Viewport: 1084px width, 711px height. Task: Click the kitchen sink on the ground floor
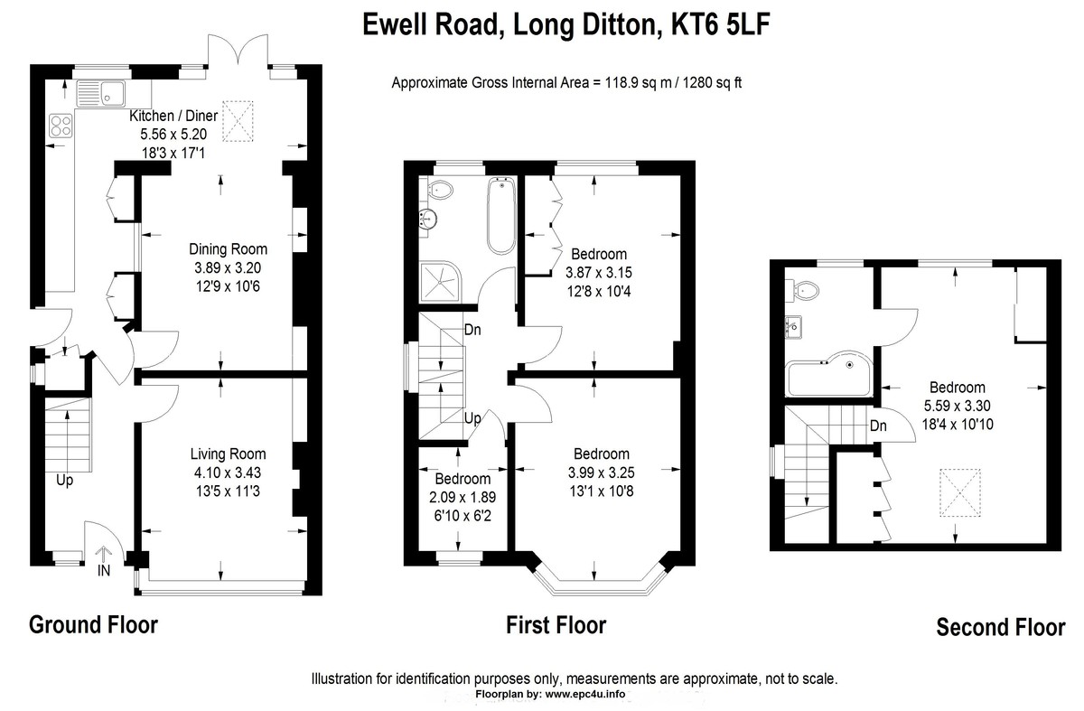click(x=100, y=93)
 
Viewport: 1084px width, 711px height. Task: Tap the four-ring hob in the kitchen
click(x=61, y=125)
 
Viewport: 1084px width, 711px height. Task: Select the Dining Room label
click(x=228, y=249)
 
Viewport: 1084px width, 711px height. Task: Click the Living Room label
click(x=228, y=454)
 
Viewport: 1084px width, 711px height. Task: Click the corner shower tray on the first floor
click(x=441, y=282)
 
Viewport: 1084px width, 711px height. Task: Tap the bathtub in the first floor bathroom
click(x=501, y=215)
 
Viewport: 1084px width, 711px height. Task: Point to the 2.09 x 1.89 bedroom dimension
click(x=463, y=498)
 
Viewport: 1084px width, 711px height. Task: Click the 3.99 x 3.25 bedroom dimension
click(x=601, y=472)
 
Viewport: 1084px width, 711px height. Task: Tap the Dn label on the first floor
click(x=472, y=330)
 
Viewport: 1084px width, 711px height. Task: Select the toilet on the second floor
click(x=803, y=291)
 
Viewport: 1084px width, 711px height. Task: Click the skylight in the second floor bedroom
click(x=960, y=492)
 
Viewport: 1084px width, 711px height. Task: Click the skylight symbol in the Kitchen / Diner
click(x=238, y=121)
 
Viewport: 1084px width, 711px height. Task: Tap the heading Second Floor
click(x=1001, y=627)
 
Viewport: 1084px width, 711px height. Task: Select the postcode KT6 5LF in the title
click(x=720, y=24)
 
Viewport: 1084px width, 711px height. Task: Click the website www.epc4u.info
click(x=585, y=694)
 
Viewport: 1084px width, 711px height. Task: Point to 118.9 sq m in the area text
click(x=639, y=83)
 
